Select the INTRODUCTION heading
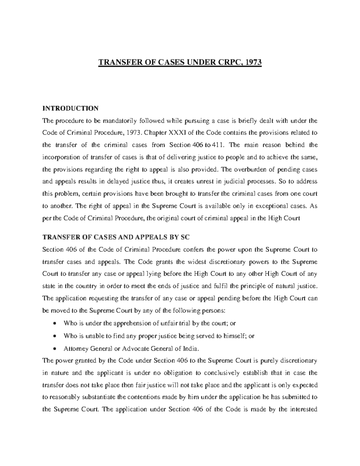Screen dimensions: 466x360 click(x=70, y=108)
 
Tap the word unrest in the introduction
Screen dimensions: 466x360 click(x=211, y=182)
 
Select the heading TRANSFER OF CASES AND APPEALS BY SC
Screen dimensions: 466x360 click(x=116, y=237)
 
